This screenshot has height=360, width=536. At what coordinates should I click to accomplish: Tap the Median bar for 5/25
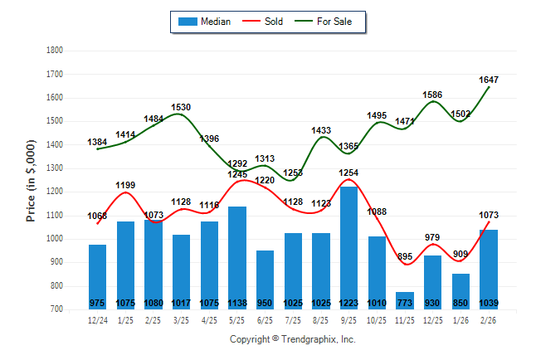[237, 257]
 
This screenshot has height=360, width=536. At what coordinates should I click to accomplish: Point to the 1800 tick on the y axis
[54, 51]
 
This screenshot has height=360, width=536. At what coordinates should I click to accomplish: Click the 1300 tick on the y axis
[54, 168]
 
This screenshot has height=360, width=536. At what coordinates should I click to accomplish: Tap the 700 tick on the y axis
[56, 309]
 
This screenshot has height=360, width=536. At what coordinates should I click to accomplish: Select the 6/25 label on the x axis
[265, 319]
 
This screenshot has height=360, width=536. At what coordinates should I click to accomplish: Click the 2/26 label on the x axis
[488, 319]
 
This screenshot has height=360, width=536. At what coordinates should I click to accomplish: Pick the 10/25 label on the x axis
[377, 319]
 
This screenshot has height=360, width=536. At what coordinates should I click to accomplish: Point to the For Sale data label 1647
[489, 80]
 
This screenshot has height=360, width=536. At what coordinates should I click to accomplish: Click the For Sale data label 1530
[181, 107]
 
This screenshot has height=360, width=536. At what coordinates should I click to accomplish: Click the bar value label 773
[404, 303]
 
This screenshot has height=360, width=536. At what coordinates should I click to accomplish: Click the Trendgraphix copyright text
[292, 339]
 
